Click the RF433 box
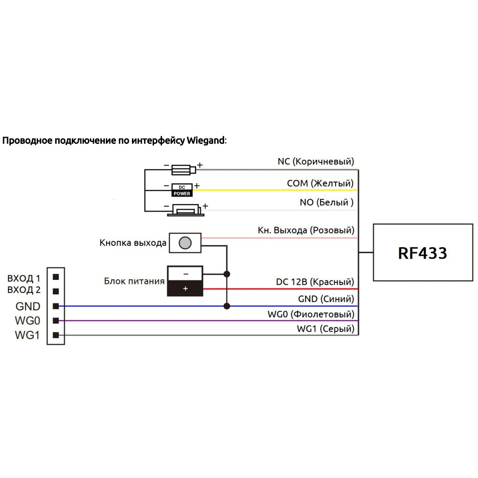422,252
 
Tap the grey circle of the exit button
185,243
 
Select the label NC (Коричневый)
315,162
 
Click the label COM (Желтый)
320,183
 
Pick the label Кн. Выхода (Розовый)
305,230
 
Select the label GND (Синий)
326,299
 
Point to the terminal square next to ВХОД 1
56,276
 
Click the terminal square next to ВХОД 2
56,291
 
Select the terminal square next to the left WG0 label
56,321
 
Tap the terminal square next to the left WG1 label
56,335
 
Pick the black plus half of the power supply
185,289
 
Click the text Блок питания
134,281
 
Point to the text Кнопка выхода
132,243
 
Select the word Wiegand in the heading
206,140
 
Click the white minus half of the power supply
185,274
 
